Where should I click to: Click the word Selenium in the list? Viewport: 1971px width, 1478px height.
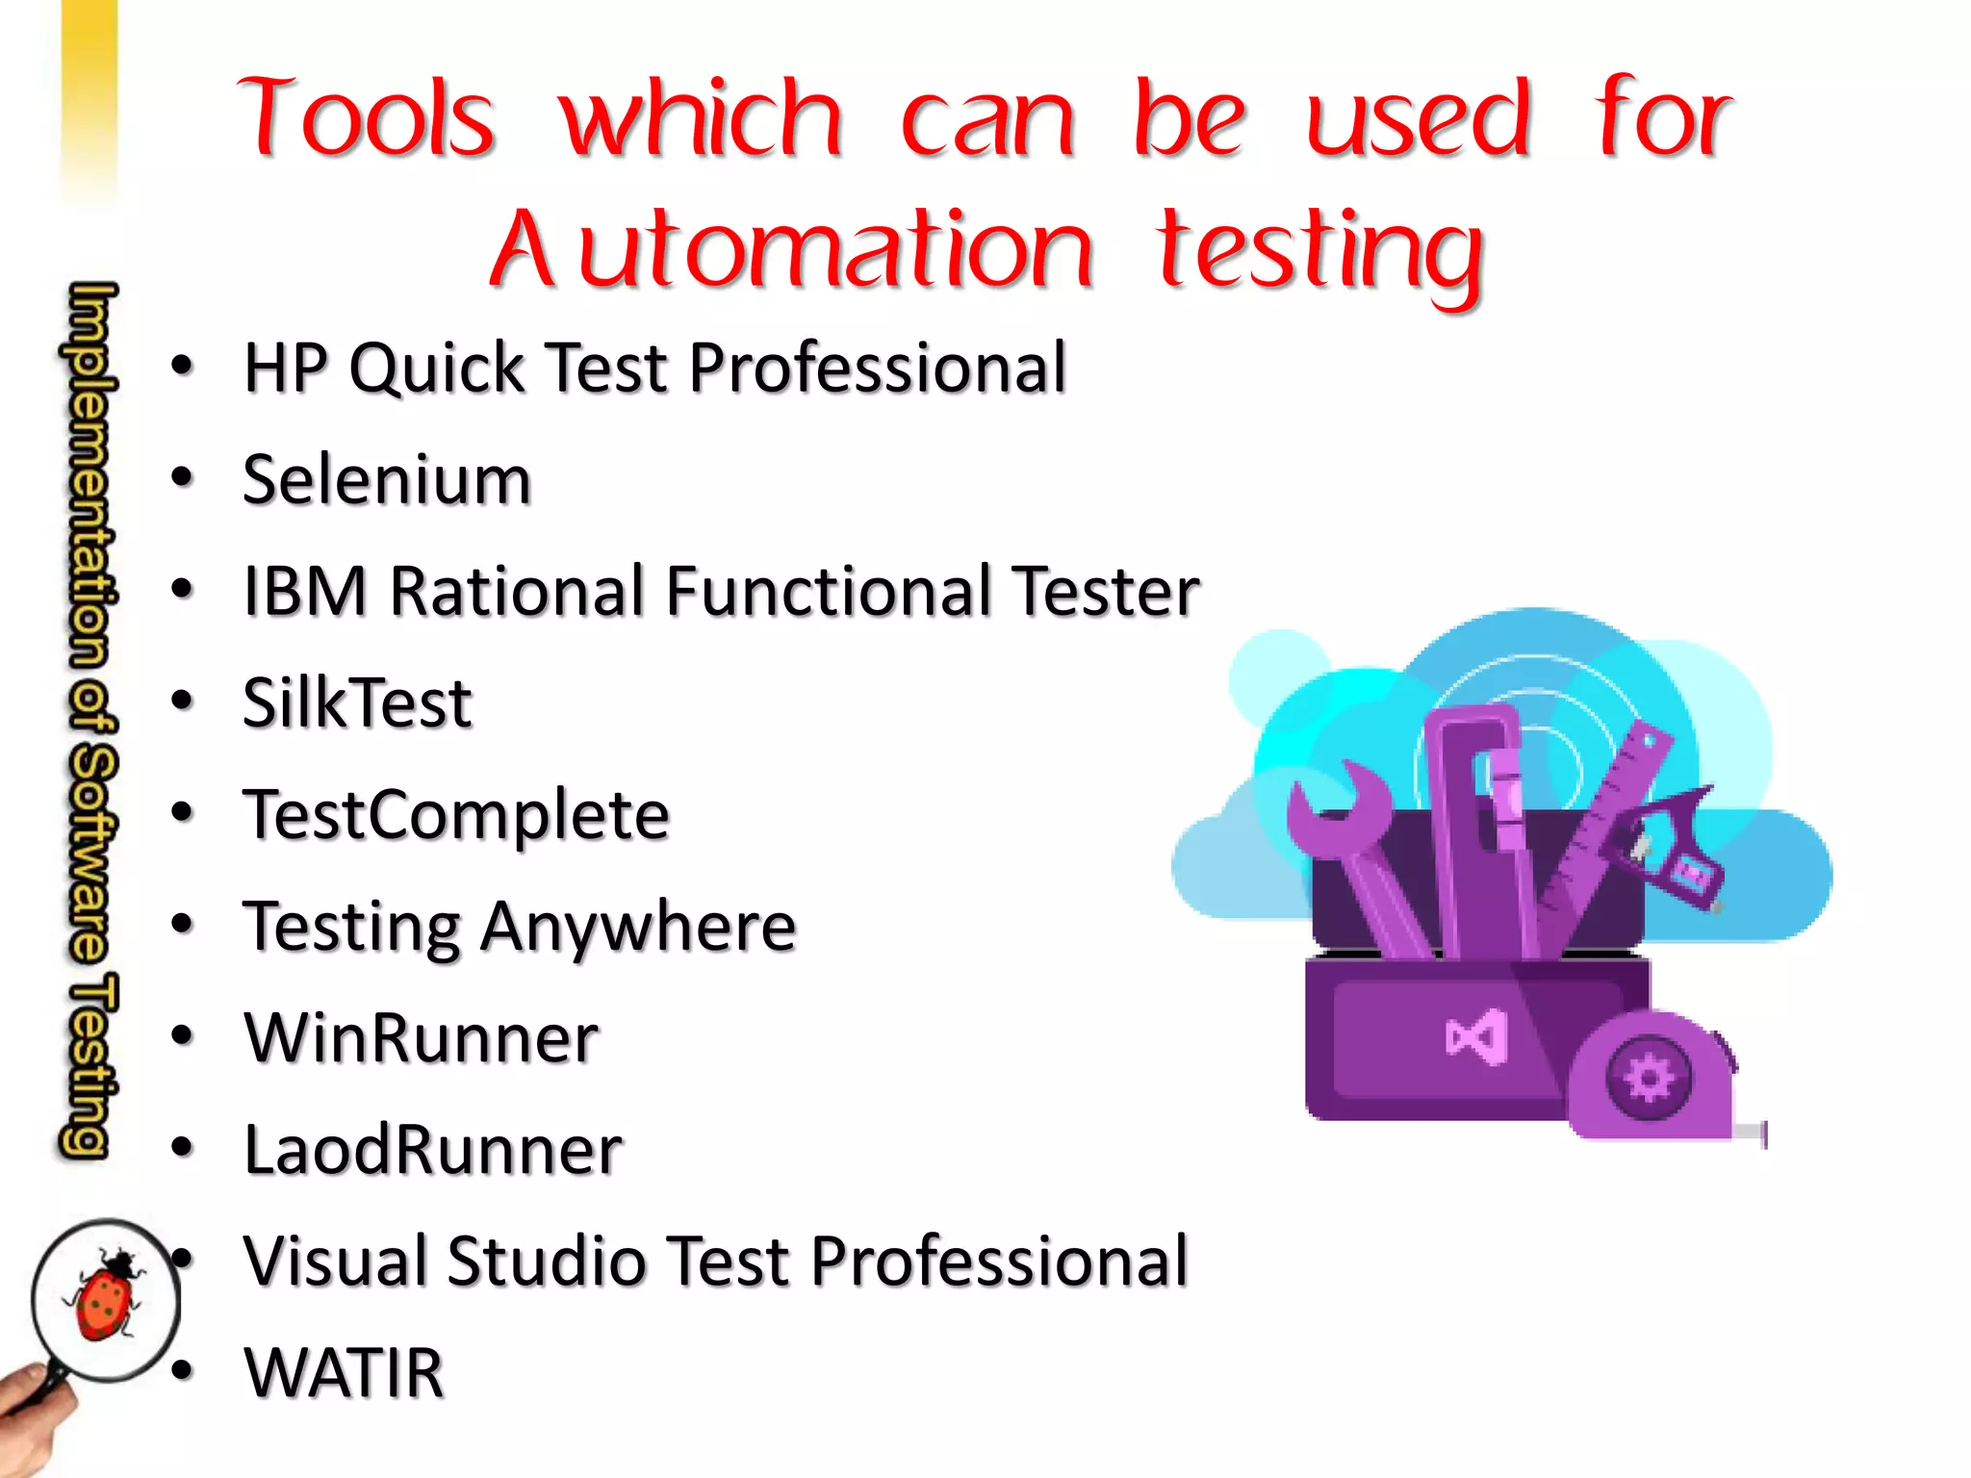pyautogui.click(x=386, y=479)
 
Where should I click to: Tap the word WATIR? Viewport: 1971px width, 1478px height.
pyautogui.click(x=344, y=1372)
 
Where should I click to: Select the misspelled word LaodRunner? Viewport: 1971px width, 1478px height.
pyautogui.click(x=432, y=1149)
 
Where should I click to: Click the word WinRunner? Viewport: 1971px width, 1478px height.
pyautogui.click(x=421, y=1037)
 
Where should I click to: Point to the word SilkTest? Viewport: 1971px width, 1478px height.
pyautogui.click(x=357, y=702)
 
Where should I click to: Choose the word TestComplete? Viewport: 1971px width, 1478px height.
pyautogui.click(x=455, y=814)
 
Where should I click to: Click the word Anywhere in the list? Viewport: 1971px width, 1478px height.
pyautogui.click(x=638, y=926)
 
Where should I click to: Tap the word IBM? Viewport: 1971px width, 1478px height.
pyautogui.click(x=304, y=591)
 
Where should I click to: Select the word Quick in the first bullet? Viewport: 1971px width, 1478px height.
pyautogui.click(x=436, y=368)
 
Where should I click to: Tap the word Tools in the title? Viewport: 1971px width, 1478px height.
pyautogui.click(x=367, y=118)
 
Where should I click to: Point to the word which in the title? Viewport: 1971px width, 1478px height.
pyautogui.click(x=701, y=118)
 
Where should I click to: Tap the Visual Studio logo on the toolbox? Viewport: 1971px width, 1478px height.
pyautogui.click(x=1477, y=1037)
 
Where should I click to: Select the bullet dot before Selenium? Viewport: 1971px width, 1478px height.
pyautogui.click(x=182, y=477)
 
